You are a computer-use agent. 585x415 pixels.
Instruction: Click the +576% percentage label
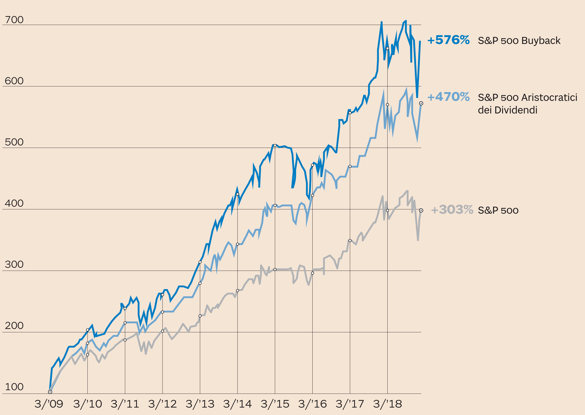coord(448,40)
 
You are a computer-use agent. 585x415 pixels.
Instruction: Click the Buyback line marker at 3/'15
coord(275,145)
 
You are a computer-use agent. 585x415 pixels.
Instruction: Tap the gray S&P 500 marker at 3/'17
coord(350,240)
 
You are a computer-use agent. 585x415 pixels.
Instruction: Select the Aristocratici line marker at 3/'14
coord(237,244)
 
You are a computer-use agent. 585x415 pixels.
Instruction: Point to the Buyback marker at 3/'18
coord(387,48)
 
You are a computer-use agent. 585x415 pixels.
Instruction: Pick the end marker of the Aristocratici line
coord(421,103)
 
